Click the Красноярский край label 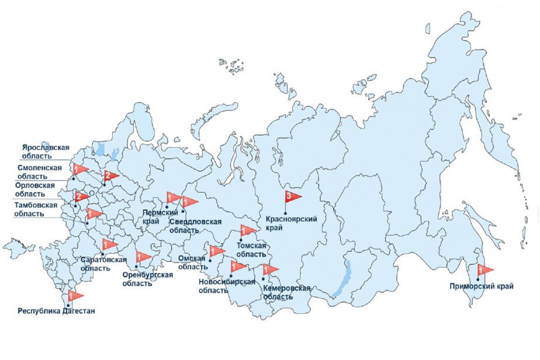pos(291,223)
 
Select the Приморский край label pos(482,286)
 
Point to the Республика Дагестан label pos(56,311)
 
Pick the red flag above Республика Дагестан pos(74,296)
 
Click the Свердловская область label pos(195,226)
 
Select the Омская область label pos(192,262)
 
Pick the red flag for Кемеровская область pos(269,269)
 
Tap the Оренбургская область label pos(147,279)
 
